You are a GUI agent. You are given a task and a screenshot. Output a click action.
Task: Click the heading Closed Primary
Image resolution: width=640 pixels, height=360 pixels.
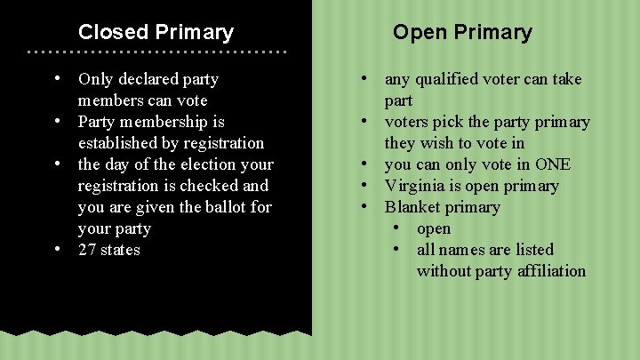pyautogui.click(x=156, y=33)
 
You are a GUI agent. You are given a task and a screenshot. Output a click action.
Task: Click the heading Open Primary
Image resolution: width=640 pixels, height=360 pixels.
pyautogui.click(x=462, y=33)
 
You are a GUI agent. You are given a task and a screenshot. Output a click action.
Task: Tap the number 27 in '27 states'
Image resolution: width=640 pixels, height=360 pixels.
pyautogui.click(x=87, y=250)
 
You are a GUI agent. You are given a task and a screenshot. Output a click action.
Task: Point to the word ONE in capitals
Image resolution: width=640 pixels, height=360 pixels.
pyautogui.click(x=552, y=164)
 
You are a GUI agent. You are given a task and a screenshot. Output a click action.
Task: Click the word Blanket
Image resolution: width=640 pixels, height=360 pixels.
pyautogui.click(x=412, y=207)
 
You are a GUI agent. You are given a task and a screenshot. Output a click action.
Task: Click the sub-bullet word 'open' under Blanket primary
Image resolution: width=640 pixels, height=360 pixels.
pyautogui.click(x=434, y=228)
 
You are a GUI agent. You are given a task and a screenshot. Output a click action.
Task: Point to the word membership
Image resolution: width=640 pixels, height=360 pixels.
pyautogui.click(x=171, y=122)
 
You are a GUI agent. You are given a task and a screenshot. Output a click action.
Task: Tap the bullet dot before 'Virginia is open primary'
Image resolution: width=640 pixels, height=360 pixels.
pyautogui.click(x=364, y=185)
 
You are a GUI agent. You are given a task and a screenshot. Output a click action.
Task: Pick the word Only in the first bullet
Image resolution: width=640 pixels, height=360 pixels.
pyautogui.click(x=96, y=79)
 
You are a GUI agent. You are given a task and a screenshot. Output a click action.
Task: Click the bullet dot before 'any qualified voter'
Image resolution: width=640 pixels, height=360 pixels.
pyautogui.click(x=364, y=78)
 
